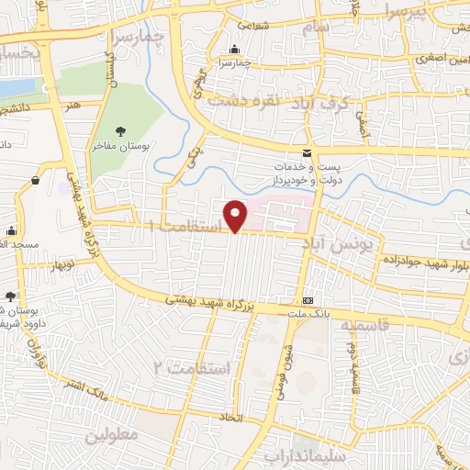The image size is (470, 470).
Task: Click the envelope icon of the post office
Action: pos(308,152)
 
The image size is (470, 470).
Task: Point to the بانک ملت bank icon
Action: pos(308,300)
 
